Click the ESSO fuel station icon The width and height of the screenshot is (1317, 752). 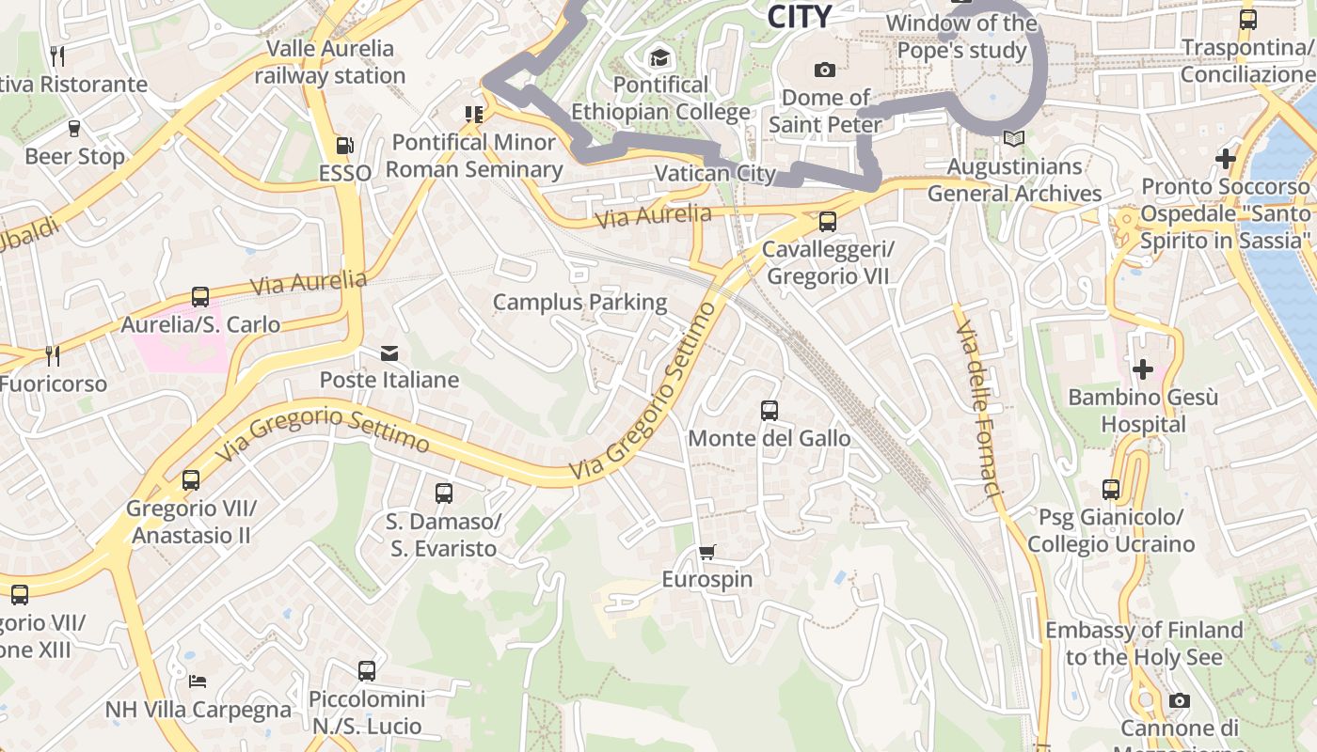pyautogui.click(x=345, y=146)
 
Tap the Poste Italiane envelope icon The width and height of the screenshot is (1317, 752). pyautogui.click(x=389, y=353)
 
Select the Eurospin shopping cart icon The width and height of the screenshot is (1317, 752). pyautogui.click(x=707, y=552)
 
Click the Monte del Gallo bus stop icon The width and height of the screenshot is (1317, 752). pyautogui.click(x=770, y=411)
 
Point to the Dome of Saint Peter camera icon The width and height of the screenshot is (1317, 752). pyautogui.click(x=825, y=70)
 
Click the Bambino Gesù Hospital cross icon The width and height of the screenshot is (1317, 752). pyautogui.click(x=1143, y=369)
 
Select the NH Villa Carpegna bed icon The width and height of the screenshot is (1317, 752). pyautogui.click(x=198, y=681)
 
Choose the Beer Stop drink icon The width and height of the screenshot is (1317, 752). pyautogui.click(x=74, y=129)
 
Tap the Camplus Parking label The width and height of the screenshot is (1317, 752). pyautogui.click(x=580, y=303)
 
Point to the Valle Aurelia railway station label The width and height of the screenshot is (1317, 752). pyautogui.click(x=329, y=62)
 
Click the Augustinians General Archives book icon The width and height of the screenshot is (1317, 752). pyautogui.click(x=1013, y=139)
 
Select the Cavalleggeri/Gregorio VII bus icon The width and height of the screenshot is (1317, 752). pyautogui.click(x=828, y=222)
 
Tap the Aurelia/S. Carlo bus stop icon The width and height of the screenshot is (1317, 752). pyautogui.click(x=200, y=297)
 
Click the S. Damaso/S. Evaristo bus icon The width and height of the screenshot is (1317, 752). pyautogui.click(x=444, y=493)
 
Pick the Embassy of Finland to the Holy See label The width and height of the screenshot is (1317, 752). pyautogui.click(x=1144, y=643)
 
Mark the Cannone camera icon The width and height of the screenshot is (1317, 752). pyautogui.click(x=1180, y=700)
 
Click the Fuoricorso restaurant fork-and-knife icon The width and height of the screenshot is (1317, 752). pyautogui.click(x=53, y=355)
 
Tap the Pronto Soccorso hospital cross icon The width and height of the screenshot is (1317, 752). pyautogui.click(x=1225, y=159)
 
